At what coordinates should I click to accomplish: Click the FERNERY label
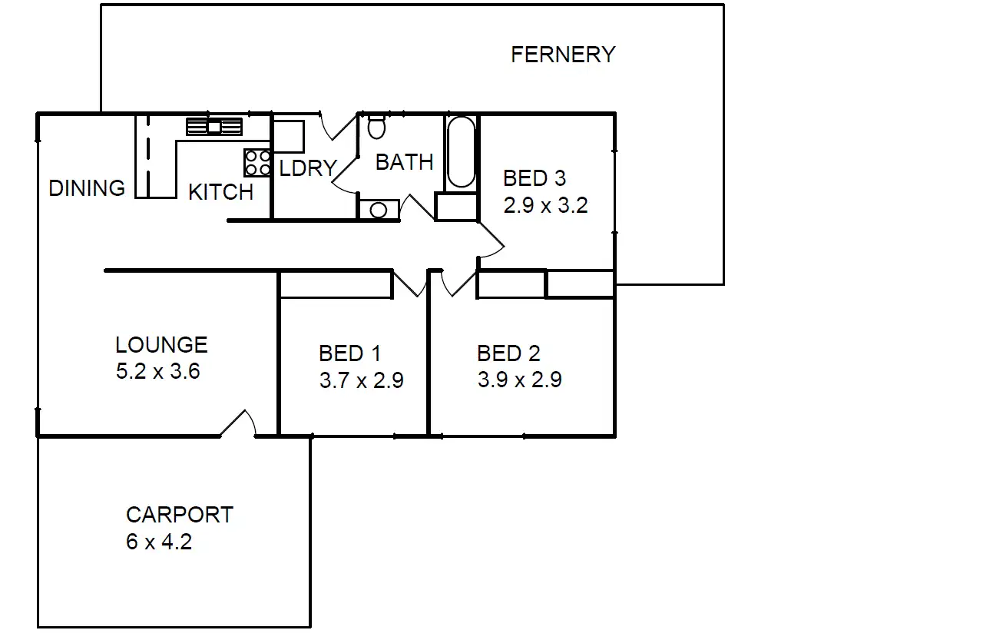(563, 55)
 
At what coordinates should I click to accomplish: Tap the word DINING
(86, 188)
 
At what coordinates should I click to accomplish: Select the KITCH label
(220, 192)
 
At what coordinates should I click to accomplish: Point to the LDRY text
(307, 168)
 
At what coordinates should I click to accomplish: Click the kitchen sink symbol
(214, 127)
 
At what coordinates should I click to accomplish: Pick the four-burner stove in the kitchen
(258, 163)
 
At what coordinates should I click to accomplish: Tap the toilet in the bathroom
(376, 127)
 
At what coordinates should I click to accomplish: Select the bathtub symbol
(461, 151)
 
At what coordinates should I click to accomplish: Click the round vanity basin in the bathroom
(378, 210)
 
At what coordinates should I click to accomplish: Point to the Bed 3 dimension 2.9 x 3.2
(545, 205)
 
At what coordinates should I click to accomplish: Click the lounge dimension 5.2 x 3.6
(157, 372)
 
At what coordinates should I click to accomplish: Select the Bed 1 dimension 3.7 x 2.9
(361, 380)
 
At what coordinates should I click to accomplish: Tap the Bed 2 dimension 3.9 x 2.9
(519, 380)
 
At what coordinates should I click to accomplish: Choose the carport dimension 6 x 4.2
(159, 542)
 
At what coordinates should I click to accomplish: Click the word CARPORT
(179, 515)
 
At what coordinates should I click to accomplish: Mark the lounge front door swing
(240, 424)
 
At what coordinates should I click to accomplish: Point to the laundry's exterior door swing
(335, 127)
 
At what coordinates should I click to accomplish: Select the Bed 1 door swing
(410, 284)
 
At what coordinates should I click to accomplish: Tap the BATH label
(404, 162)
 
